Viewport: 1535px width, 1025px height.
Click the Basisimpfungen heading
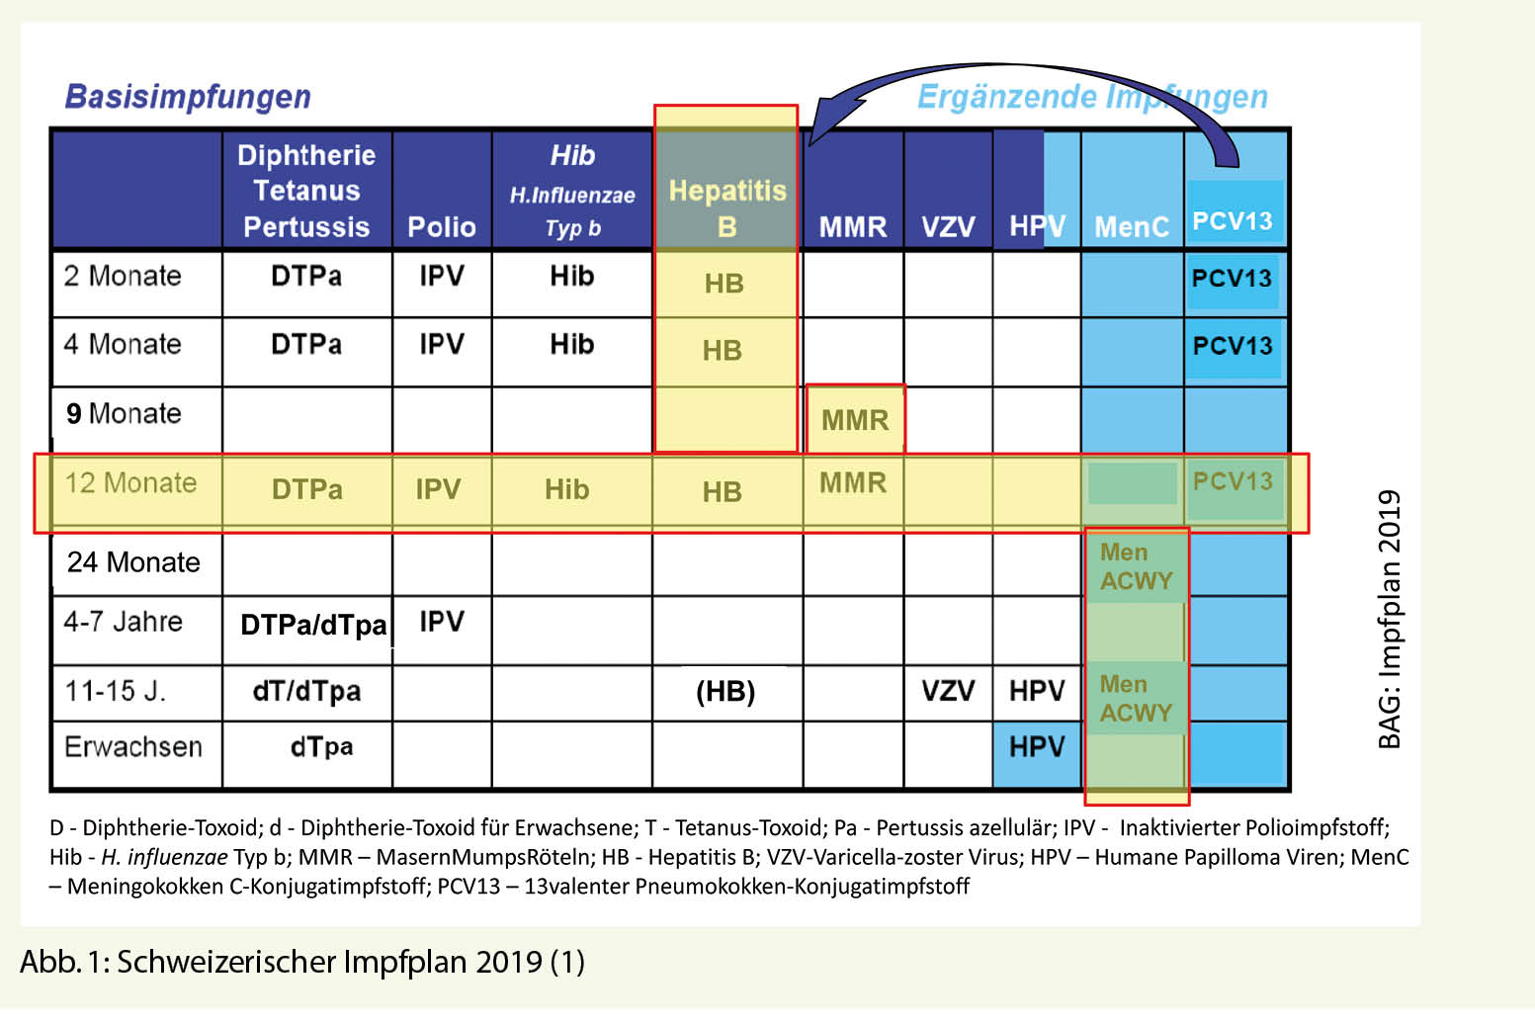click(x=188, y=97)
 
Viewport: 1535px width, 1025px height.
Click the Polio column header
click(x=441, y=227)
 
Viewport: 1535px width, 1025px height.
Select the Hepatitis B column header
click(x=726, y=208)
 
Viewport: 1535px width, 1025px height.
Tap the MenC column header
click(x=1132, y=227)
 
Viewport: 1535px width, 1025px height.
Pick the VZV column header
click(x=947, y=227)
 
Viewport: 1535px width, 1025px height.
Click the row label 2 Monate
click(x=123, y=276)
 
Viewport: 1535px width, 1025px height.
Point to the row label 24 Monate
click(x=133, y=562)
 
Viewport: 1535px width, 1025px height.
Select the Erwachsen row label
click(x=133, y=746)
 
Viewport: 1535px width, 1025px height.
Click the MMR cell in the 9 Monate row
click(x=855, y=420)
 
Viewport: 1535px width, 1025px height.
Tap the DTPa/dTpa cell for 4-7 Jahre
click(x=313, y=625)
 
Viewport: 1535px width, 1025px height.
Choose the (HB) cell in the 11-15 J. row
click(x=725, y=691)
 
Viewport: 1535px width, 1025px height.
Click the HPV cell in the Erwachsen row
click(x=1036, y=746)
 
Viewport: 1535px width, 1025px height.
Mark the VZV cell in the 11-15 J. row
click(x=947, y=690)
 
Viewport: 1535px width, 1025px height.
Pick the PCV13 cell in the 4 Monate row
click(x=1232, y=346)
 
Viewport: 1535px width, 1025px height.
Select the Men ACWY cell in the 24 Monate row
click(x=1136, y=566)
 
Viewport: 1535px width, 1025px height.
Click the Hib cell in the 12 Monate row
click(x=566, y=489)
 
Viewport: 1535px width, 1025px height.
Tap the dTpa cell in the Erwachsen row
click(x=321, y=746)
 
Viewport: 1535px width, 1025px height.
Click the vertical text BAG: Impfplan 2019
click(x=1390, y=620)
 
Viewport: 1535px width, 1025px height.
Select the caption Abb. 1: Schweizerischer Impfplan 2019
click(x=302, y=962)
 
